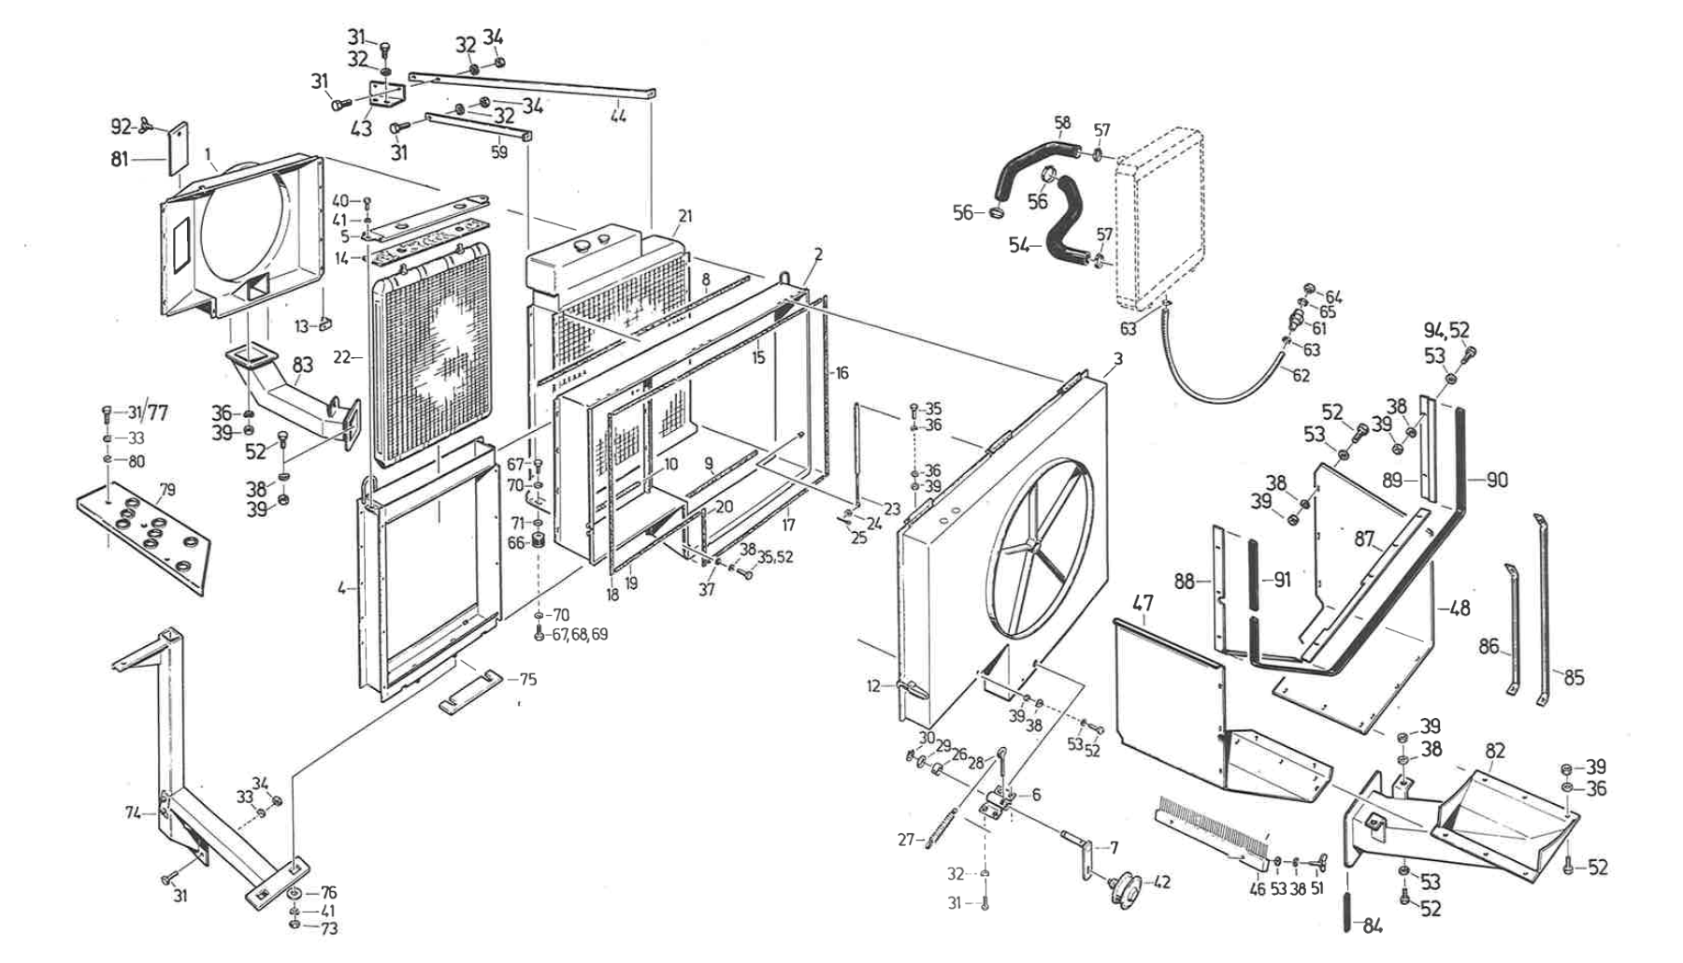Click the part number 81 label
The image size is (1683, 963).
coord(121,160)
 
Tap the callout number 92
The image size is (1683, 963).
coord(121,126)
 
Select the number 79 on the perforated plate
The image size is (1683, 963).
coord(167,490)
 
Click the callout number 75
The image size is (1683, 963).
coord(528,680)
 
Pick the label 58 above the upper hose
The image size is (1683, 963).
coord(1062,123)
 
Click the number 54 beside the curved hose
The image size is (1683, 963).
coord(1019,245)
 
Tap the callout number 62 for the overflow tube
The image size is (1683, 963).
coord(1301,376)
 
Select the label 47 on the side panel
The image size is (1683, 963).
coord(1143,604)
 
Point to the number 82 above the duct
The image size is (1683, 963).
coord(1495,751)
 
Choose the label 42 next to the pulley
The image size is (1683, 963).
coord(1160,882)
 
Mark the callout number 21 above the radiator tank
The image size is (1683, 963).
coord(685,217)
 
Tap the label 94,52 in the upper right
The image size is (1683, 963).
coord(1446,330)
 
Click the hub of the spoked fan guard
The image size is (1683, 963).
coord(1034,544)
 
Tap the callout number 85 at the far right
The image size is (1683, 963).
coord(1574,676)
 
